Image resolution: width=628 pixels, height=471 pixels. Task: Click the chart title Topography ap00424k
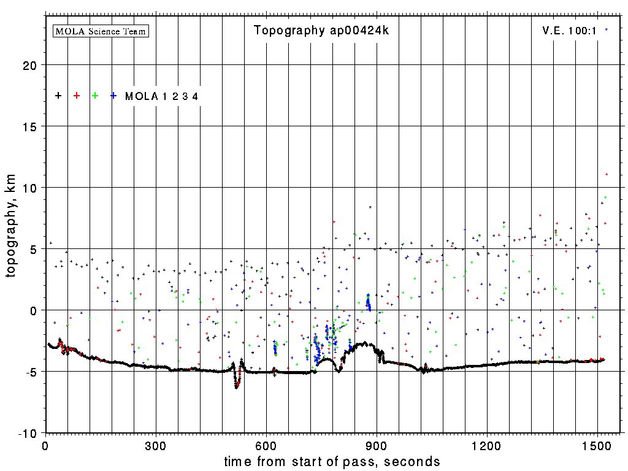[321, 31]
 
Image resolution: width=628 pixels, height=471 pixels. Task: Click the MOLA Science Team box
[101, 31]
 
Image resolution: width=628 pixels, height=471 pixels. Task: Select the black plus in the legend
[58, 96]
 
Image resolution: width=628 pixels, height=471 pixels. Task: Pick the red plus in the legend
[77, 96]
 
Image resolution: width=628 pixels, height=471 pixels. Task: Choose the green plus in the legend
[95, 96]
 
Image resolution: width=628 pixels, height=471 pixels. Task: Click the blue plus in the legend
[113, 96]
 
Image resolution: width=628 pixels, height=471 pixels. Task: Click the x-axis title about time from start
[332, 461]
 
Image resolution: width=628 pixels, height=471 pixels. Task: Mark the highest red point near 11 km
[607, 174]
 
